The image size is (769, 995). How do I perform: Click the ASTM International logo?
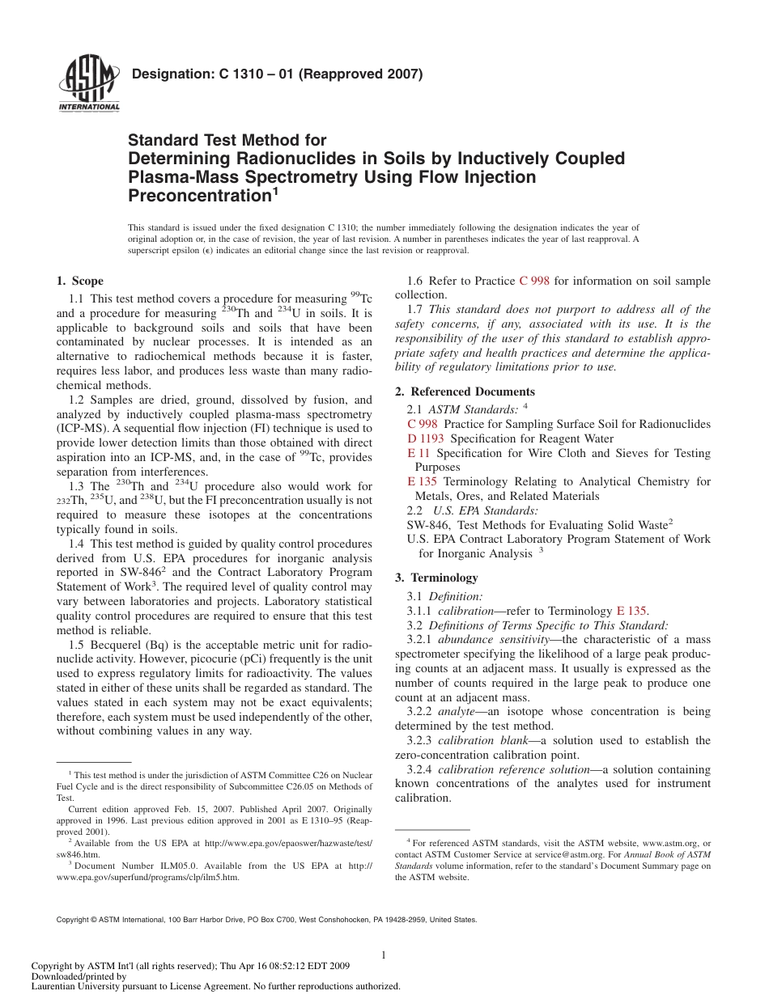coord(88,85)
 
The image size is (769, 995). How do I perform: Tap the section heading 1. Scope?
coord(79,281)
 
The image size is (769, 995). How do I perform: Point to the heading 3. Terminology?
coord(436,578)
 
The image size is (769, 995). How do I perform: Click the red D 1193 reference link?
coord(425,438)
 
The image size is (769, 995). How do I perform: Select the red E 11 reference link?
coord(418,453)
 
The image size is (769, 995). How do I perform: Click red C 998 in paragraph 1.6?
coord(534,281)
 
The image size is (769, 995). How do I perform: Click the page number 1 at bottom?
coord(384,955)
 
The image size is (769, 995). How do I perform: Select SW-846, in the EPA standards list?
coord(429,525)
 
